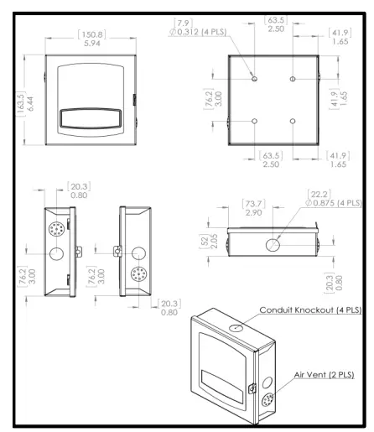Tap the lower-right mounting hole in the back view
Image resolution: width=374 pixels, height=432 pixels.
coord(292,122)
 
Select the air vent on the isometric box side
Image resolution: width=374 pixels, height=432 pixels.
coord(268,377)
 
